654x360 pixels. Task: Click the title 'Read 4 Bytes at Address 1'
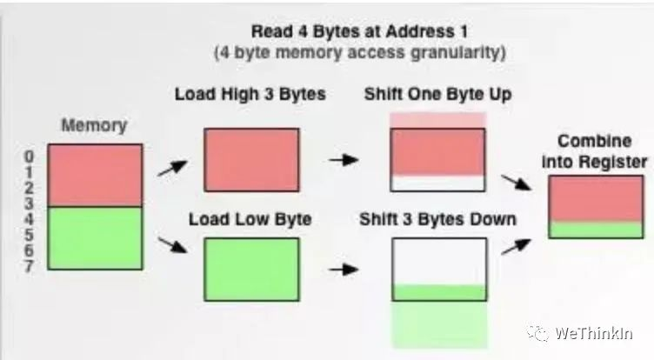pos(359,31)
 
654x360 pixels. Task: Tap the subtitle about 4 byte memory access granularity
pos(359,53)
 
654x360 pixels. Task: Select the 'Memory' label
pos(94,125)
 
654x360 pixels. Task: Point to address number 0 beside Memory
pos(29,157)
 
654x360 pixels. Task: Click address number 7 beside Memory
pos(29,266)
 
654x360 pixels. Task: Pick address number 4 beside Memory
pos(29,219)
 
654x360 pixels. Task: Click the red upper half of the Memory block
pos(95,175)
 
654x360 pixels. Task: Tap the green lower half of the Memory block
pos(95,237)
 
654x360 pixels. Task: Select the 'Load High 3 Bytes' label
pos(250,94)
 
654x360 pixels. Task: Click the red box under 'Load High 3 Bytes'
pos(251,160)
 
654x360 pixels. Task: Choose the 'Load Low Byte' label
pos(250,219)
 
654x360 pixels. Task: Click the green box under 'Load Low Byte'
pos(251,270)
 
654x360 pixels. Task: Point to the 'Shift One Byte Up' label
pos(438,94)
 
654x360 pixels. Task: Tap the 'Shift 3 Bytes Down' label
pos(438,219)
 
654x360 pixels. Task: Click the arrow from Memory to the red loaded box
pos(172,168)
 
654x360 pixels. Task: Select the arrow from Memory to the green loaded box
pos(172,245)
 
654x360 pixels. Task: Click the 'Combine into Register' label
pos(594,151)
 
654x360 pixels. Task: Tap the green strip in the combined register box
pos(596,230)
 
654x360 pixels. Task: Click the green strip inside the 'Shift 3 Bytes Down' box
pos(439,292)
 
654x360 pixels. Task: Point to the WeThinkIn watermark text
pos(593,333)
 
